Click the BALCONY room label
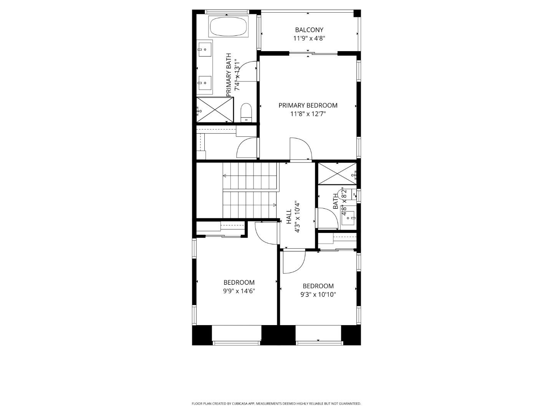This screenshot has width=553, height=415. (309, 30)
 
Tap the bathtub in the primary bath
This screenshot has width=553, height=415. (228, 26)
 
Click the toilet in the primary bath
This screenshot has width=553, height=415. (246, 112)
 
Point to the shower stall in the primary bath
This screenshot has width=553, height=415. (215, 110)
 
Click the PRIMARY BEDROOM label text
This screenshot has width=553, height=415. (308, 105)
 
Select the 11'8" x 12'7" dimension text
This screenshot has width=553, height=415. (308, 114)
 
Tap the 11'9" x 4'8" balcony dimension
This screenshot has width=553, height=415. (309, 38)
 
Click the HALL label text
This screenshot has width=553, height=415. (289, 216)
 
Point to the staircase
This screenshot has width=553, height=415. (250, 190)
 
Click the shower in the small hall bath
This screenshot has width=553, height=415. (337, 174)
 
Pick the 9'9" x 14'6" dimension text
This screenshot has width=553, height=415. (239, 291)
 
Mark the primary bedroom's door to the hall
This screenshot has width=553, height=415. (300, 149)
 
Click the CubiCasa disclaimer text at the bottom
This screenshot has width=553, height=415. (276, 403)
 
